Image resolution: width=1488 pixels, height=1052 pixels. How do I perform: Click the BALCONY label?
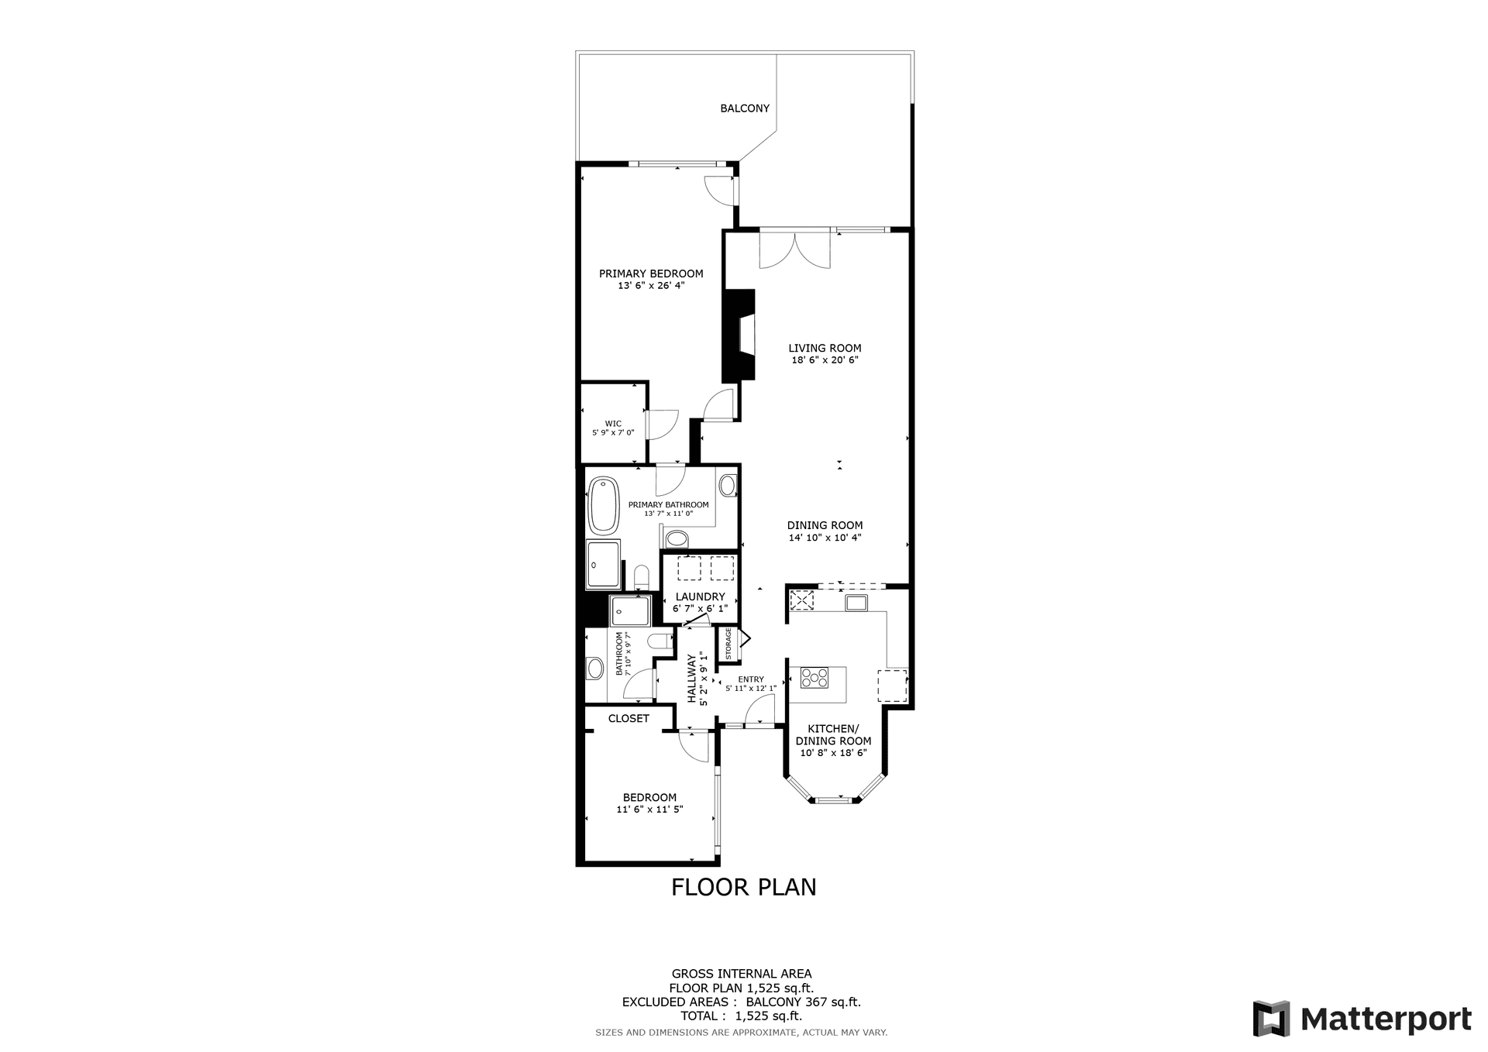tap(745, 108)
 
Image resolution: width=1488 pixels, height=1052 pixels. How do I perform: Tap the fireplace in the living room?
tap(739, 335)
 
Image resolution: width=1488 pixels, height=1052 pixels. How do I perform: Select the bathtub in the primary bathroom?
tap(603, 506)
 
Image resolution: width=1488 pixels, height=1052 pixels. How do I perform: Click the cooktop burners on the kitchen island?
tap(815, 678)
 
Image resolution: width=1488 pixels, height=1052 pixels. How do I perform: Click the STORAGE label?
tap(728, 644)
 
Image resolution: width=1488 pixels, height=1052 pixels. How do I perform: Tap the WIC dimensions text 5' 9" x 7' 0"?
tap(613, 433)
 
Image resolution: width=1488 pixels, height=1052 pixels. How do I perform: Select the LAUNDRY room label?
tap(701, 596)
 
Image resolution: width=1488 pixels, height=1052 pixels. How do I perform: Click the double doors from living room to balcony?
tap(794, 249)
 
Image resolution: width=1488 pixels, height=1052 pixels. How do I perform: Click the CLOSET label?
tap(629, 719)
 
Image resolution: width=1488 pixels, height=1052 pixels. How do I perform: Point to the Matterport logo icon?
tap(1272, 1019)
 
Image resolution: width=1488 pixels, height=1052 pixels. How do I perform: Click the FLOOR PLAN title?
tap(744, 887)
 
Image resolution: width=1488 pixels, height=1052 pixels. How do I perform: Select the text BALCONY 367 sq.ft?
tap(804, 1002)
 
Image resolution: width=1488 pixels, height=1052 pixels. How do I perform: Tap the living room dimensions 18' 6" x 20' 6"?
tap(825, 360)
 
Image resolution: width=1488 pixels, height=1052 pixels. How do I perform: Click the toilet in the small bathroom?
tap(660, 641)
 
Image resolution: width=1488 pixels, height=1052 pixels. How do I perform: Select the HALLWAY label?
tap(691, 679)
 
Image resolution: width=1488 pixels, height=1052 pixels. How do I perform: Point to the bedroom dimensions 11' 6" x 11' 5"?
tap(649, 810)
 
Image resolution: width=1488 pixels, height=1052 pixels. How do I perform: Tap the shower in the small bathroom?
tap(630, 610)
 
